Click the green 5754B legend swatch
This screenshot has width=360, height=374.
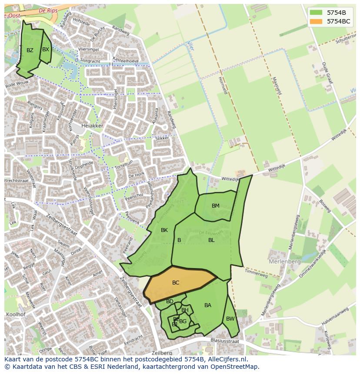click(316, 12)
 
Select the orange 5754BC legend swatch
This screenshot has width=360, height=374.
click(316, 21)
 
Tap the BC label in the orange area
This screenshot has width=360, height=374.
click(176, 283)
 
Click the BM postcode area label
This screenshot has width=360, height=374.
click(216, 206)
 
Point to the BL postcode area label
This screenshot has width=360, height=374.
click(211, 240)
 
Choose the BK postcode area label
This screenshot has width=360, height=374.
click(164, 230)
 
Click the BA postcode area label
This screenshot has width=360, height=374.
click(208, 305)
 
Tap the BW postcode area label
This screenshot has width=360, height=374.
click(230, 319)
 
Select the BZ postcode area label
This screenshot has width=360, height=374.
click(30, 50)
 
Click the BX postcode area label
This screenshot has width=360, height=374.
click(46, 50)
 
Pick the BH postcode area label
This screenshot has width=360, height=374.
click(185, 310)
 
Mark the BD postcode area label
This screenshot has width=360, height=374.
click(170, 301)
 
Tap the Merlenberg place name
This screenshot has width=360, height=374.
click(285, 262)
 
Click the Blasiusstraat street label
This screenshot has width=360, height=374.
click(225, 341)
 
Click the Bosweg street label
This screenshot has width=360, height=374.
click(325, 206)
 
